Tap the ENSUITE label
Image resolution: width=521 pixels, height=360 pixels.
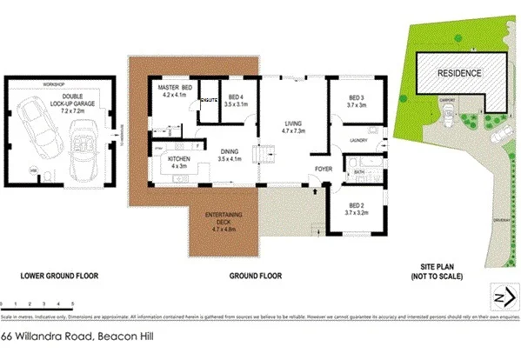(x=208, y=101)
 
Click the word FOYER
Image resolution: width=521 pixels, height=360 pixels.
(x=324, y=169)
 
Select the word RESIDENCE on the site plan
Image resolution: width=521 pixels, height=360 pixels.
(x=458, y=74)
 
